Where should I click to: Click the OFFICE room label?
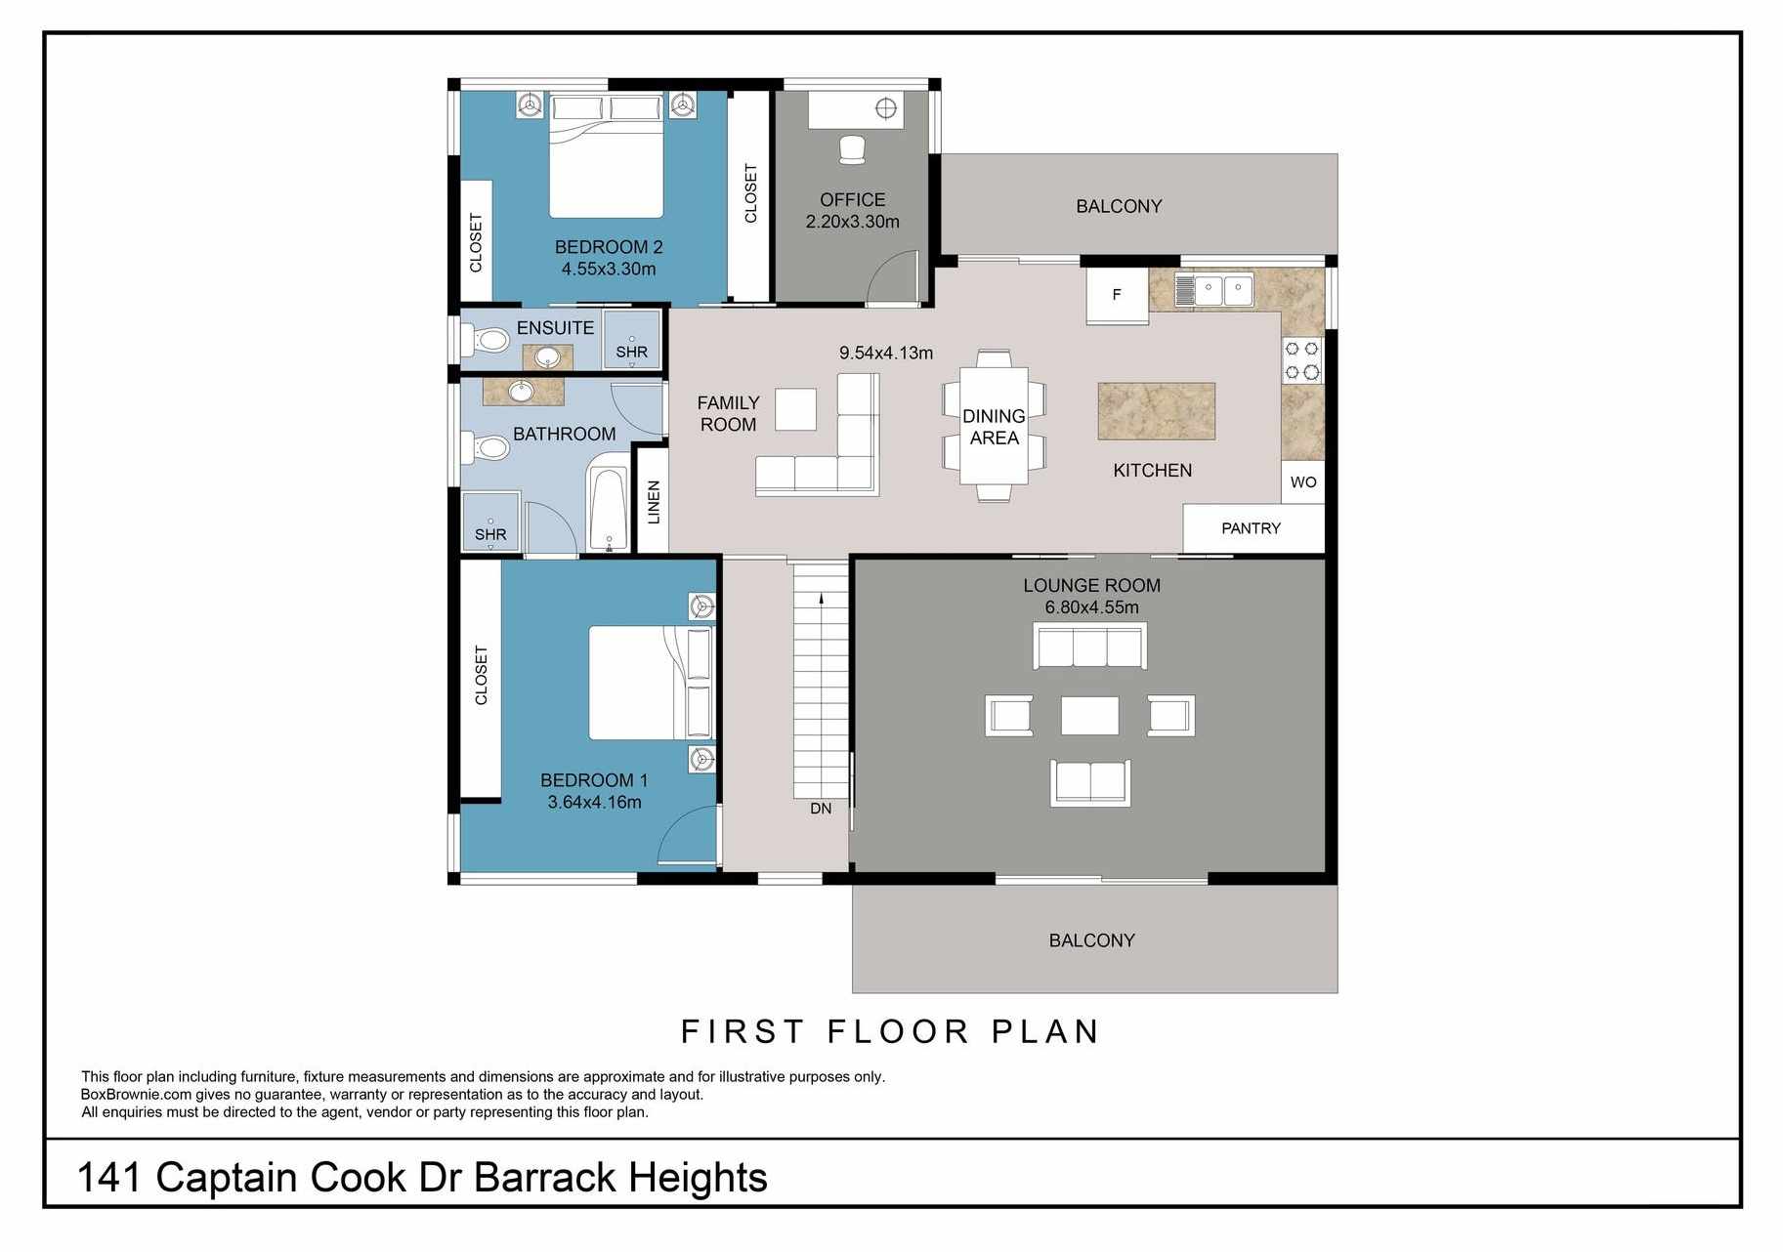tap(852, 200)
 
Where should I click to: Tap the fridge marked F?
tap(1118, 295)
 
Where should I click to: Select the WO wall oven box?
tap(1303, 482)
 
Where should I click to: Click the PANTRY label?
tap(1251, 528)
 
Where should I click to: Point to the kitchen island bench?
tap(1157, 411)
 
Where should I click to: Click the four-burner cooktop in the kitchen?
tap(1302, 360)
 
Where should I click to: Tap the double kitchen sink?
tap(1211, 290)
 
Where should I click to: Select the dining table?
tap(994, 426)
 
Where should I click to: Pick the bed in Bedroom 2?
tap(607, 156)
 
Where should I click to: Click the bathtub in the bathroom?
tap(608, 511)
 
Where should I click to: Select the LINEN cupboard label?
tap(654, 502)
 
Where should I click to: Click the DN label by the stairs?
tap(821, 809)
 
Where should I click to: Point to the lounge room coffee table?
tap(1090, 715)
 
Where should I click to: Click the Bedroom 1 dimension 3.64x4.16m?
tap(594, 803)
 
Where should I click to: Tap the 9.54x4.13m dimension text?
tap(886, 354)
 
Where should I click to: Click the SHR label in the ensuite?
tap(631, 353)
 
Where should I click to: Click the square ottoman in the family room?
tap(795, 409)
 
